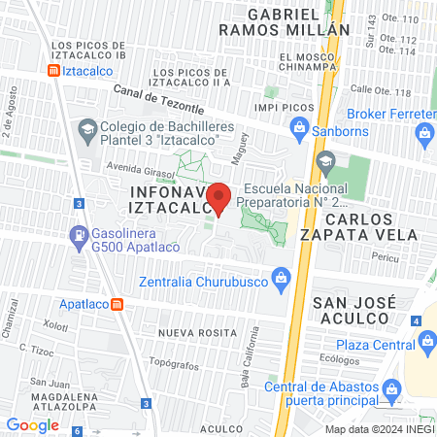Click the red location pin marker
219,198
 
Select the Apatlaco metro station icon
118,303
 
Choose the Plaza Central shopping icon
425,341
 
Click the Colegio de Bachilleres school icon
86,127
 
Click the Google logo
33,424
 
